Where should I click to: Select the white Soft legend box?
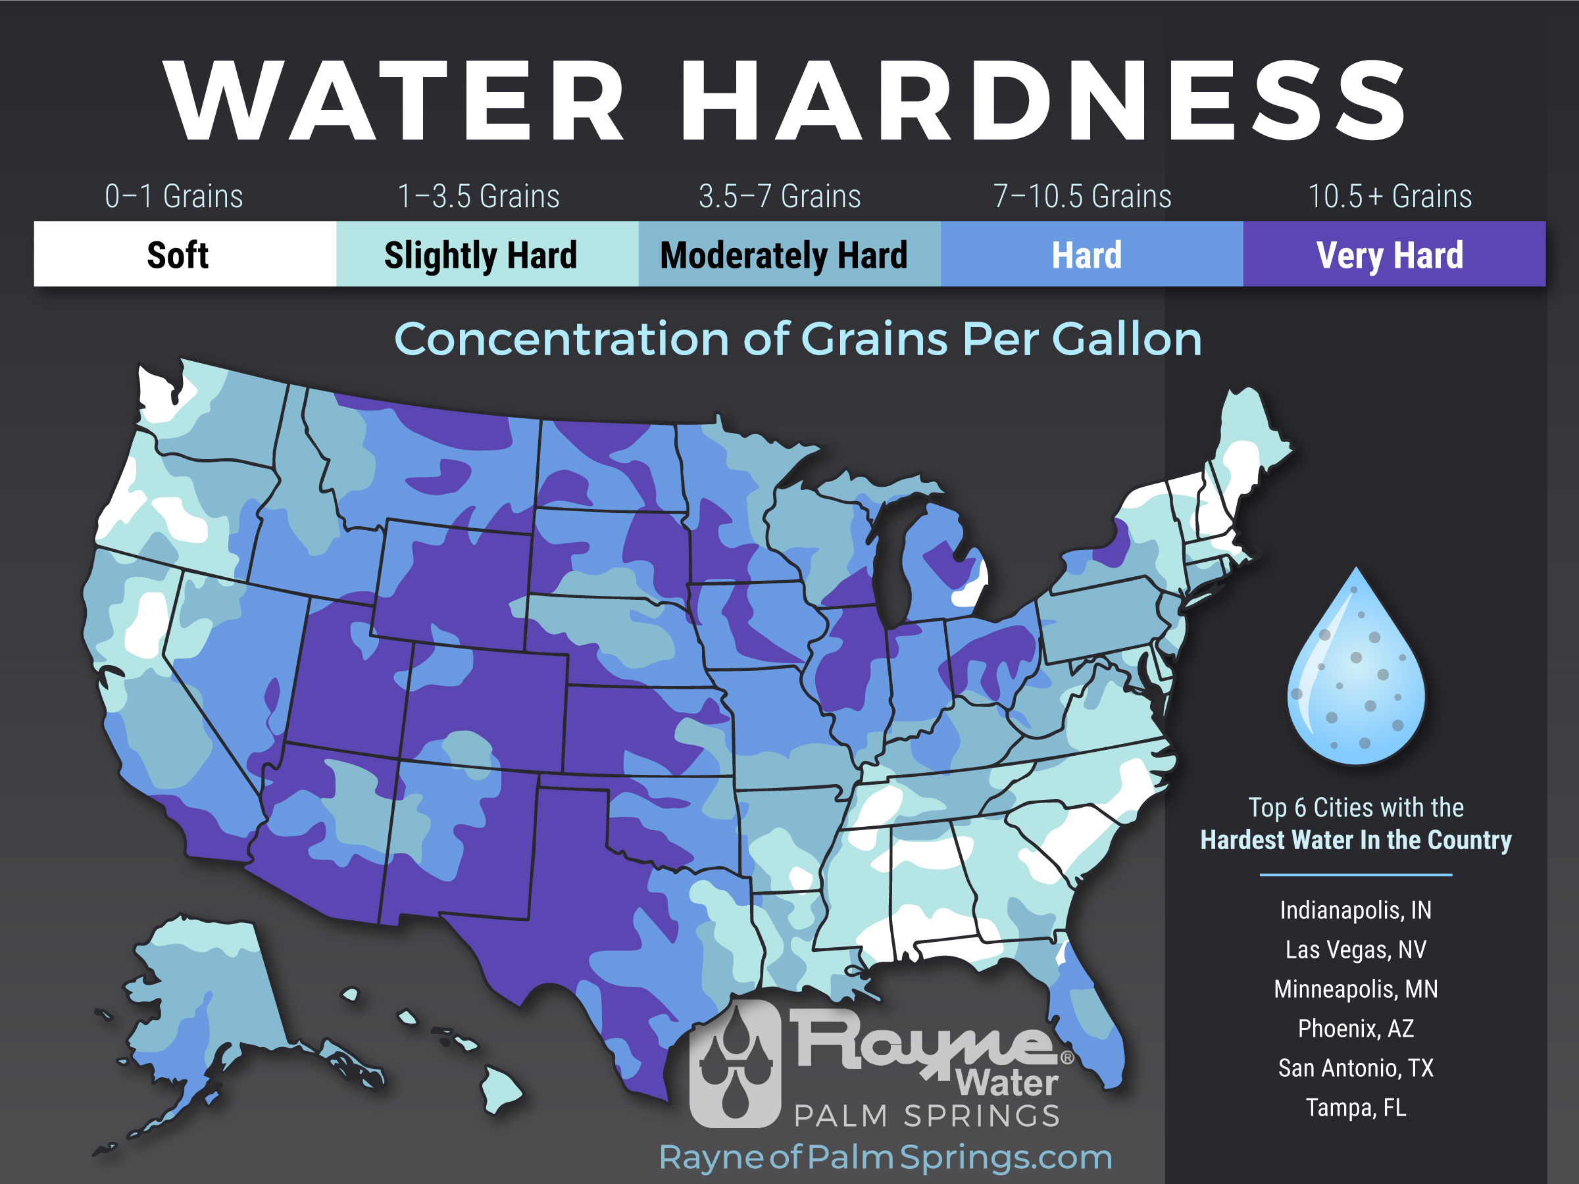click(184, 255)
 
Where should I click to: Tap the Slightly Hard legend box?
click(487, 255)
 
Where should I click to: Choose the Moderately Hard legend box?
click(789, 255)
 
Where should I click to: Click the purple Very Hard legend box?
click(1393, 255)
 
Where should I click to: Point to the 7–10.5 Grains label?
click(1082, 196)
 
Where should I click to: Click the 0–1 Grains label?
click(174, 196)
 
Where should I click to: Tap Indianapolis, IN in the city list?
click(1355, 910)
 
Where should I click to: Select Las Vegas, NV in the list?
click(1355, 949)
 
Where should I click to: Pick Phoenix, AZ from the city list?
click(1355, 1028)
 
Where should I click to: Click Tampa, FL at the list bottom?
click(1355, 1108)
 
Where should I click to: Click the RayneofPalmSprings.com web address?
click(885, 1157)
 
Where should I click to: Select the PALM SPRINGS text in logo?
click(926, 1116)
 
